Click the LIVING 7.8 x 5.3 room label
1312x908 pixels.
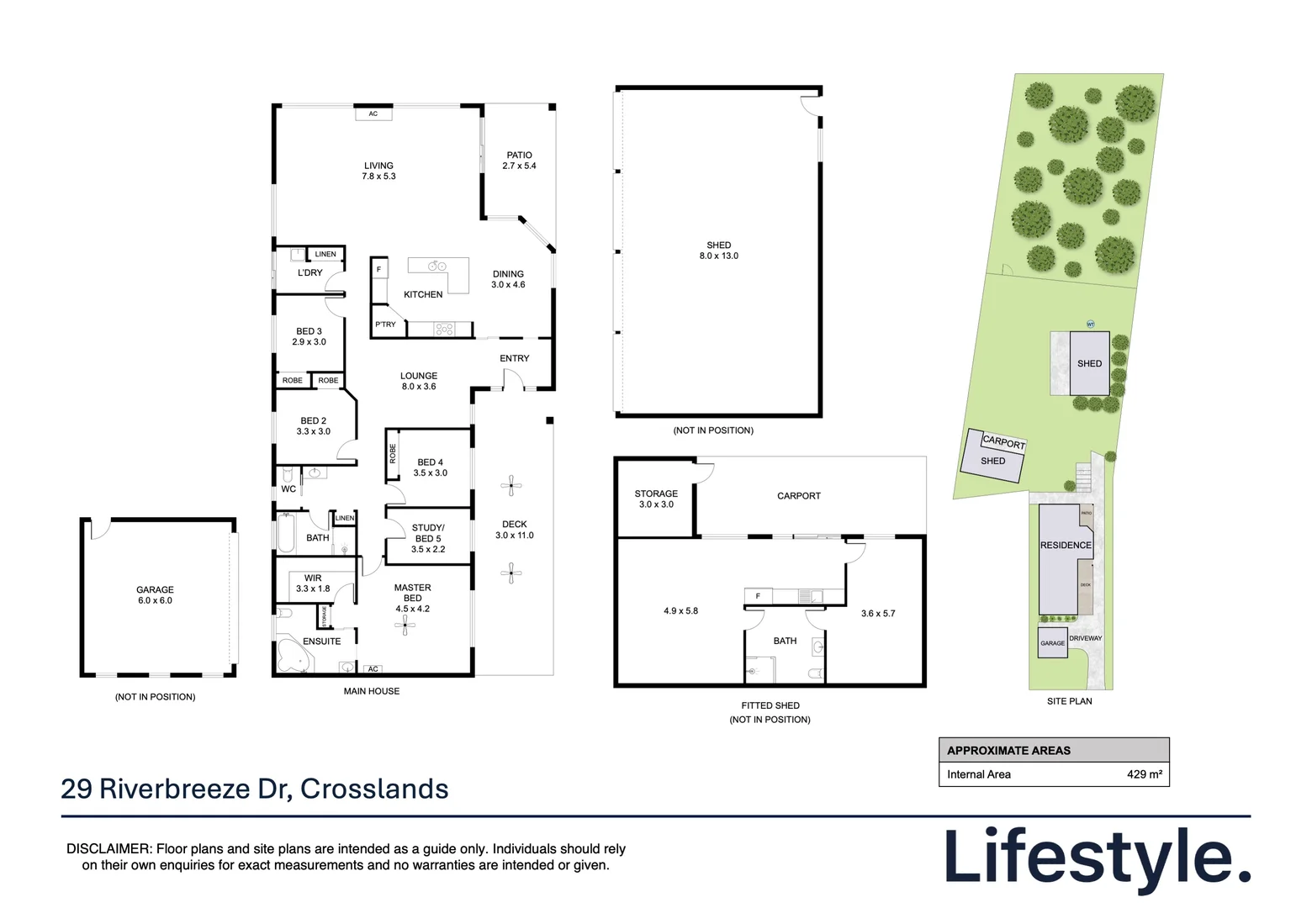378,171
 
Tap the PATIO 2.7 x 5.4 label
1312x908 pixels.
519,161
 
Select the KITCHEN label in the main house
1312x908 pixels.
423,294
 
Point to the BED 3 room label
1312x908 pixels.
309,336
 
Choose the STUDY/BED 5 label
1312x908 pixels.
428,538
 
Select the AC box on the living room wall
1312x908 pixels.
373,113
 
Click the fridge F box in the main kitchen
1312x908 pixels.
378,270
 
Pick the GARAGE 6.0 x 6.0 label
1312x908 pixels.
155,595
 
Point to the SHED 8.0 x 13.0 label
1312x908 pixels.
718,251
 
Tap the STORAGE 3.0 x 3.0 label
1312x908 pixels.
656,499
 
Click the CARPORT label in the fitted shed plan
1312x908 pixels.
798,496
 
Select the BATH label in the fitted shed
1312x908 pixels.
785,641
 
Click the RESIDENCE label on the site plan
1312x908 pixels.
1066,546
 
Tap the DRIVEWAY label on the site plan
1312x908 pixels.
1085,638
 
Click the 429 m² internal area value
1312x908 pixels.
1144,774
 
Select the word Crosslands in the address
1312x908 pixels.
374,789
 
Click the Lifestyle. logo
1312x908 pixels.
1097,857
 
